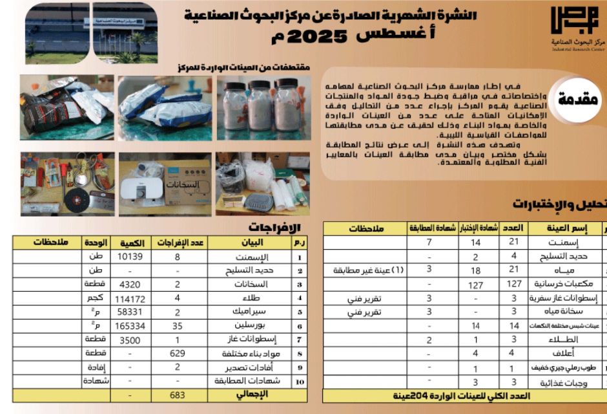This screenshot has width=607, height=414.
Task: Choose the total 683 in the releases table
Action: click(177, 395)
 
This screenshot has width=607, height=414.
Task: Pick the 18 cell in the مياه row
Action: click(476, 270)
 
